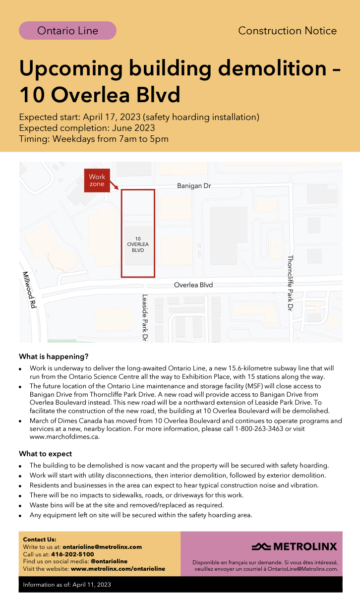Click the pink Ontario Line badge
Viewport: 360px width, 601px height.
(x=67, y=31)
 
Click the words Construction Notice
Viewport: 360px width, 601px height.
(x=287, y=31)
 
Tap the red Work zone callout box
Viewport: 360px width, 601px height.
(x=97, y=180)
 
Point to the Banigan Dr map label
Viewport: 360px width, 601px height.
(x=194, y=186)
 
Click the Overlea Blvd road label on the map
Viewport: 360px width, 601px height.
(x=193, y=285)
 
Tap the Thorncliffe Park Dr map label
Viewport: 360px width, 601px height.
(x=290, y=283)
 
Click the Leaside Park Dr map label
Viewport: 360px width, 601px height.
(x=145, y=317)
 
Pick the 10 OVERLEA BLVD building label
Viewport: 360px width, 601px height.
(x=138, y=244)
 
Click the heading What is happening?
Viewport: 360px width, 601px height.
(x=54, y=357)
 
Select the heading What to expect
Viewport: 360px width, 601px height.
(x=45, y=454)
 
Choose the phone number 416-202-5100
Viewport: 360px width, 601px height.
(x=72, y=554)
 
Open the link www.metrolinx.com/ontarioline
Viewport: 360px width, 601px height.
(x=118, y=569)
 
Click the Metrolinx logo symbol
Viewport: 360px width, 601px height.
(x=261, y=547)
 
